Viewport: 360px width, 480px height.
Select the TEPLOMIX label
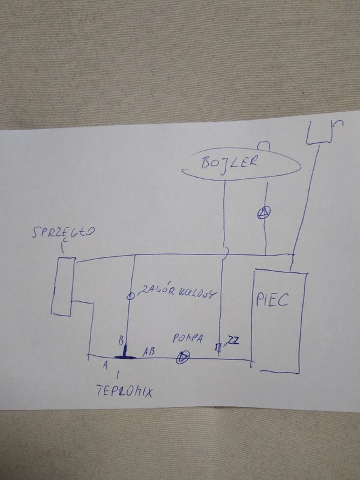pos(124,392)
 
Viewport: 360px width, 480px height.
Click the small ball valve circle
pos(131,296)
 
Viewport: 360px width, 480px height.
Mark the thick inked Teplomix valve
pos(125,354)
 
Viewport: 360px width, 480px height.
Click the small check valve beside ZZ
pos(220,347)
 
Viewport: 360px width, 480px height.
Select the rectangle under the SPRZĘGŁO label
pos(62,285)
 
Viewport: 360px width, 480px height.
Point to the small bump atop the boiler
pos(264,145)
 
